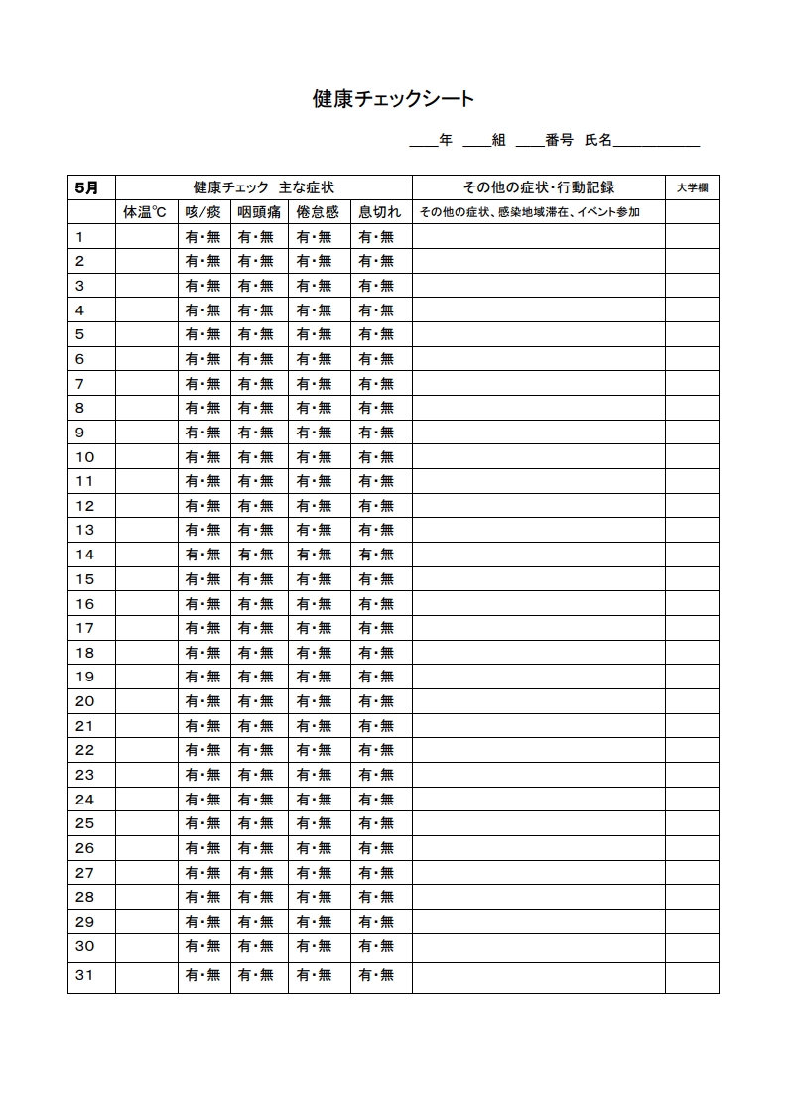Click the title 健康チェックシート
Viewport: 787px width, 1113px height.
[x=393, y=99]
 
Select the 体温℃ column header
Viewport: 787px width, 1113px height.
[x=145, y=212]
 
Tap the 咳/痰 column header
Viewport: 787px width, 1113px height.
[x=203, y=212]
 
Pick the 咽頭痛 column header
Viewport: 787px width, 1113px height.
[x=260, y=212]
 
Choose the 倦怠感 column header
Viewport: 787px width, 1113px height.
[x=318, y=212]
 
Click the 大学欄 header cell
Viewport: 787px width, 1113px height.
[x=692, y=187]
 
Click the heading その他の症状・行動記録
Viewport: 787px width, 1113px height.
[x=539, y=187]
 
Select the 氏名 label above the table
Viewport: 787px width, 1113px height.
[x=598, y=141]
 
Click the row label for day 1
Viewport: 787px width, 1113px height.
[x=79, y=236]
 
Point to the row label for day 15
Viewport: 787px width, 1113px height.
[x=85, y=579]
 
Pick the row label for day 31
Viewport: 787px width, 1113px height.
[x=85, y=975]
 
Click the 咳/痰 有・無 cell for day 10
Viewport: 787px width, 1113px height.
[x=203, y=457]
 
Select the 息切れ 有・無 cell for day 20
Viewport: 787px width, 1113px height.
[x=377, y=701]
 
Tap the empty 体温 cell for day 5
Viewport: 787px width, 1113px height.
[x=146, y=334]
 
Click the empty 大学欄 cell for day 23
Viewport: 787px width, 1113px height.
[x=692, y=775]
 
